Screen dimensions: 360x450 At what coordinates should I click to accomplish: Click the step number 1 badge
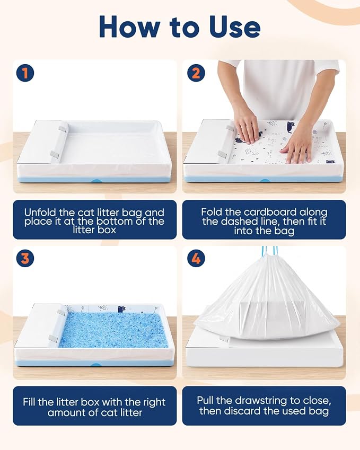(25, 73)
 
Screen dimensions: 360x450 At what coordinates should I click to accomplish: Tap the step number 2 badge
(196, 73)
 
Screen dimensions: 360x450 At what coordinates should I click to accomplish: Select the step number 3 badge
(25, 258)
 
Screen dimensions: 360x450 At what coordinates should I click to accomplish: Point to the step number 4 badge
(196, 258)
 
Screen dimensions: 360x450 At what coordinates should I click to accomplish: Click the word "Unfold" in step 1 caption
(40, 213)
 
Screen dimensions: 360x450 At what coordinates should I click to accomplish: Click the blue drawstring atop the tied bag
(270, 251)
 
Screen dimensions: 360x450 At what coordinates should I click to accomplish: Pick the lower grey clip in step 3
(54, 339)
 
